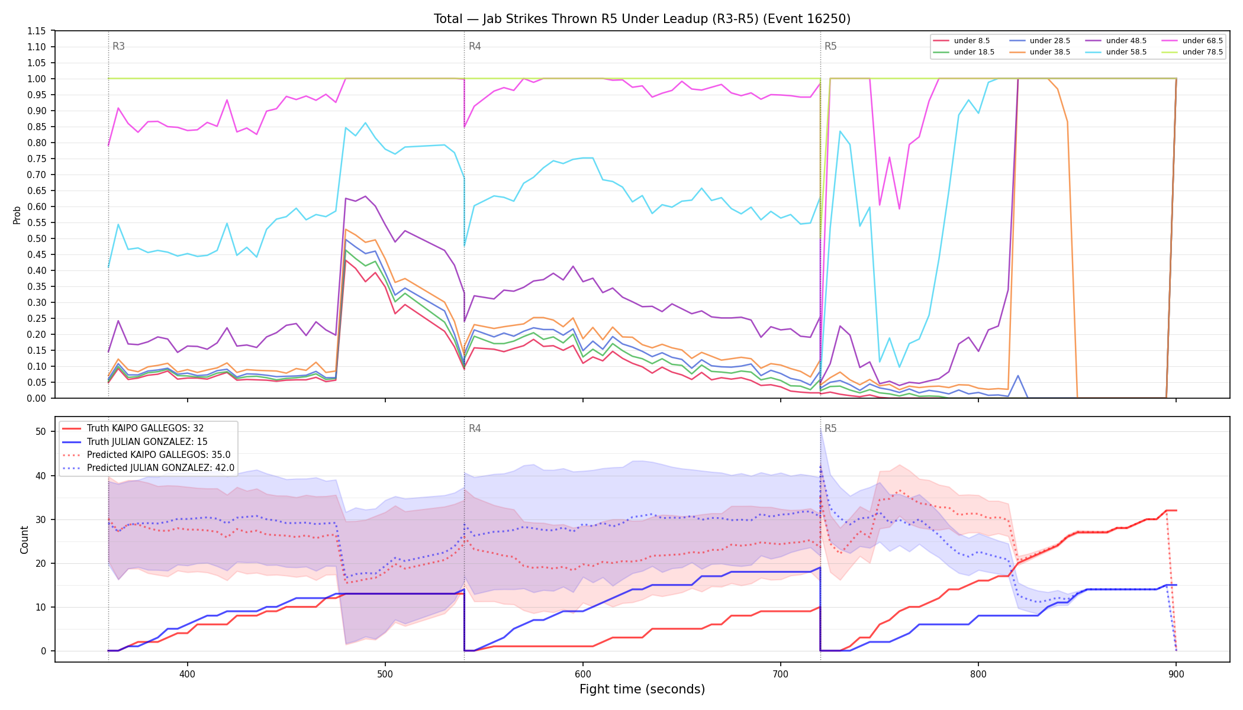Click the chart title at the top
[642, 19]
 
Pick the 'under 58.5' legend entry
[1116, 52]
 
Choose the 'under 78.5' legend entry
[1192, 52]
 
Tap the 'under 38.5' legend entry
[1039, 52]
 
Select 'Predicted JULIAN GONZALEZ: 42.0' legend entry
[148, 468]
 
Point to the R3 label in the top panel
[118, 46]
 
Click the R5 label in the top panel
[830, 46]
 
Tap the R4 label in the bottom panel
[475, 428]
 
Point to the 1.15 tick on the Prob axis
[37, 31]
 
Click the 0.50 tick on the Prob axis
[37, 238]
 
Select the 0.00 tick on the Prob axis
[37, 398]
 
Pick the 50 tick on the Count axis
[41, 432]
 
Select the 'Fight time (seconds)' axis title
[642, 689]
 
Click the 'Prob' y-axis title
[17, 215]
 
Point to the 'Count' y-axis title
[24, 540]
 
